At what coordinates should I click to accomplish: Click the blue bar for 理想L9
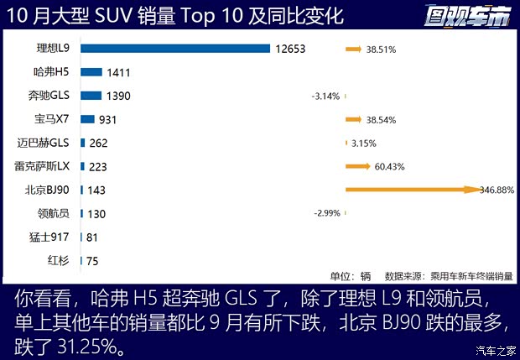pos(174,49)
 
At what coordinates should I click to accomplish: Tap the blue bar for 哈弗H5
pos(91,72)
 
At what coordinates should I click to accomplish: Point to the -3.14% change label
pos(325,97)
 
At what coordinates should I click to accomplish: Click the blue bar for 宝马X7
pos(87,119)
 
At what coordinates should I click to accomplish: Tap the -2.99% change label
pos(327,214)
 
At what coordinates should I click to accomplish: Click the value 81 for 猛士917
pos(92,237)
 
